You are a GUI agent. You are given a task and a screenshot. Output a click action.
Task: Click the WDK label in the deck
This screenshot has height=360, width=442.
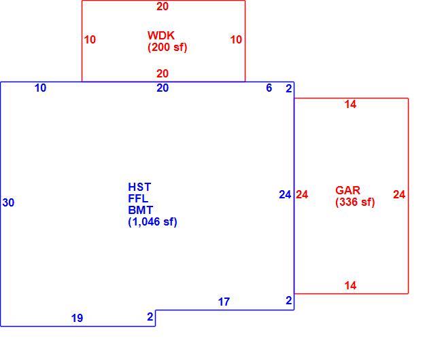click(161, 35)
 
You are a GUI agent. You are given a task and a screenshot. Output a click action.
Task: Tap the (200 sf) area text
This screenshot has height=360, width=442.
click(167, 47)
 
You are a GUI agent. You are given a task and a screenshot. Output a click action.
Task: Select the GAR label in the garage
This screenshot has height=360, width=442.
click(347, 190)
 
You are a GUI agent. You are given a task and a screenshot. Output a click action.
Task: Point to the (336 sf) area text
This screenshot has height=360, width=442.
click(355, 202)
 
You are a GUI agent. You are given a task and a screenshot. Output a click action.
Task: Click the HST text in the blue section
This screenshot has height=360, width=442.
click(139, 187)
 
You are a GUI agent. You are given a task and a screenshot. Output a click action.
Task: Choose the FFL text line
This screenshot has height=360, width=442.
click(138, 198)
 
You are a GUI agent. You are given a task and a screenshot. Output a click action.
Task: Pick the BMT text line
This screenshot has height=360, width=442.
click(141, 210)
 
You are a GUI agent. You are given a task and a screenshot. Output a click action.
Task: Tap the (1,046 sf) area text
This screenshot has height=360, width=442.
click(152, 222)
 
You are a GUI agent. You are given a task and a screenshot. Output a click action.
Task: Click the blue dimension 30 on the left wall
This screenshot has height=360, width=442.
click(8, 202)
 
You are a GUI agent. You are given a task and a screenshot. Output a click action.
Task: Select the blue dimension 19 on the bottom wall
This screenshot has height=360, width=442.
click(77, 318)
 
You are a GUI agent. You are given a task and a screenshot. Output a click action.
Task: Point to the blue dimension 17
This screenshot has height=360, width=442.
click(224, 302)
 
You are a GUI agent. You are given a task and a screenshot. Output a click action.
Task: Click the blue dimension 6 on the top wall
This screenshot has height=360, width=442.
click(269, 88)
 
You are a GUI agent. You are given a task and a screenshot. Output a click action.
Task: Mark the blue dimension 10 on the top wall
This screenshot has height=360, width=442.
click(40, 88)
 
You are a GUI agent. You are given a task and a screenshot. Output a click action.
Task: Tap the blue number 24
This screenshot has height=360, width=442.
click(285, 194)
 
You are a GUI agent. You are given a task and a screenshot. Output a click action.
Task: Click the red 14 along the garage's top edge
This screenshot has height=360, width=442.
click(350, 105)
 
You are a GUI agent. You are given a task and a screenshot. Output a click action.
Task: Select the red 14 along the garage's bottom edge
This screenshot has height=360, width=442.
click(350, 286)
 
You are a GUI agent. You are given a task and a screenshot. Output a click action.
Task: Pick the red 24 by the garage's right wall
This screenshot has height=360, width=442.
click(399, 194)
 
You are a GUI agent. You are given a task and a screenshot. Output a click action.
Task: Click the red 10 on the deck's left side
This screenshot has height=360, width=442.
click(90, 39)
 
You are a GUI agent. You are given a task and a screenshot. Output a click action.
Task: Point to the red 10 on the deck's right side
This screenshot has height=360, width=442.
click(236, 39)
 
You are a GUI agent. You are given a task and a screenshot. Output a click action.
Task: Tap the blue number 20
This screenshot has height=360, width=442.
click(163, 88)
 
